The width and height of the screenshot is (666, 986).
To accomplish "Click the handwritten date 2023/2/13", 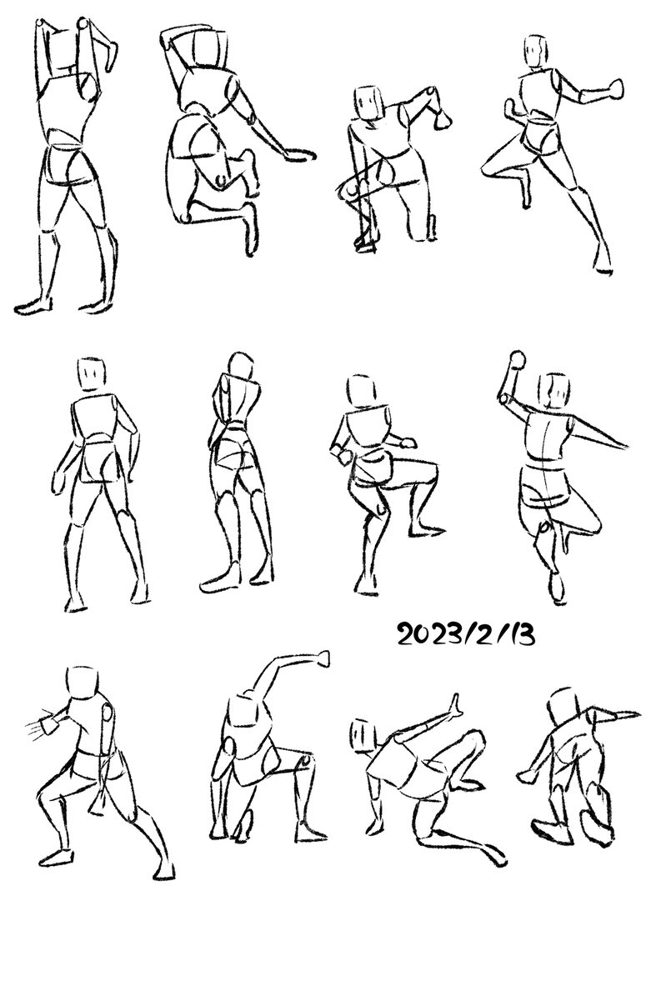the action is pos(466,634).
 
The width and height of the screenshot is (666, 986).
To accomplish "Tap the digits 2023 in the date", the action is pos(429,634).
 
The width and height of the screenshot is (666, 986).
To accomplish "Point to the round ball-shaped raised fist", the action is pos(517,359).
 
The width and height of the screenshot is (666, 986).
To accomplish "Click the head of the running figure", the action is pos(535,51).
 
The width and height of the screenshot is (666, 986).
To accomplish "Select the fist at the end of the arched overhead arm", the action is pos(322,658).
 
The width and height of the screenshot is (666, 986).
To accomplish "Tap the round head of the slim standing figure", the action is pos(241,367).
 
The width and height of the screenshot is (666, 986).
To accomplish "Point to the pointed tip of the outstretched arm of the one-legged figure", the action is pos(626,447).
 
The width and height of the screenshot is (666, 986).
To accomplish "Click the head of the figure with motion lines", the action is pos(83,683).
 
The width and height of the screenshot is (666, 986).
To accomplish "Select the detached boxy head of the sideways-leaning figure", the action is pos(363,734).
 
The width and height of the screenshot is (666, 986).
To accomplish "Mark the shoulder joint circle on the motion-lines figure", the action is pos(107,713).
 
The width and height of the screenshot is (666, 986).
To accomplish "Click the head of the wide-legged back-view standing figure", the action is pos(93,376).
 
